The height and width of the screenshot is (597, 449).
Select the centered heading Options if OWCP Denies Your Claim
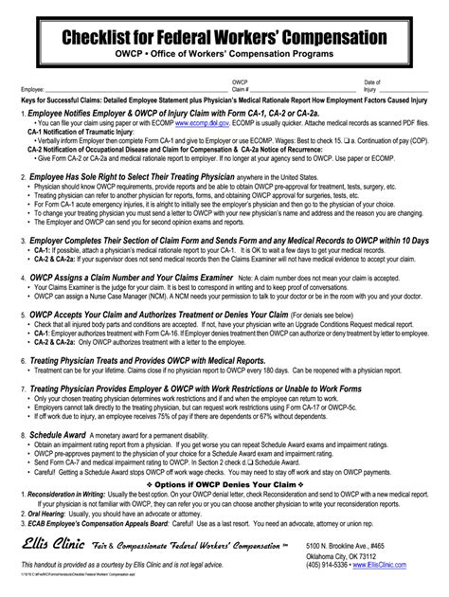click(x=224, y=484)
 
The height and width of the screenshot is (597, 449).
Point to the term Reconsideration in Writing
click(x=69, y=494)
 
